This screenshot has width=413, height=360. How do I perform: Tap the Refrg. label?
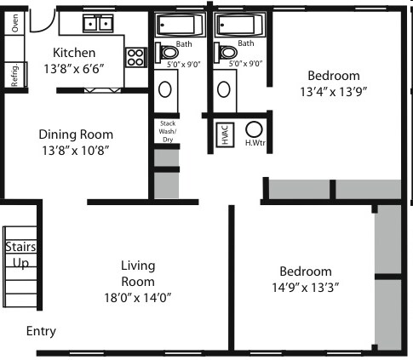click(15, 74)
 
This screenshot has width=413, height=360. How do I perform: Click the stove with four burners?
click(136, 58)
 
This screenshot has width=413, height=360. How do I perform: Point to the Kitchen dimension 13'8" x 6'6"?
click(79, 69)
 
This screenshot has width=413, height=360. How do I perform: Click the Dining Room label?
click(76, 134)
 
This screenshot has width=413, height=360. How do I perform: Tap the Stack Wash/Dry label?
click(167, 131)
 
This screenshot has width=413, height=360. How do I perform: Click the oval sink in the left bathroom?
click(166, 88)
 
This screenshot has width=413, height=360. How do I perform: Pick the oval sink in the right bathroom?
click(226, 88)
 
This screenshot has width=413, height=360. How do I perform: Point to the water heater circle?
click(253, 129)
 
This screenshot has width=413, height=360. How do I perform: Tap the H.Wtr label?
click(253, 143)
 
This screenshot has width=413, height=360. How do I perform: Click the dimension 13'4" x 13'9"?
click(334, 91)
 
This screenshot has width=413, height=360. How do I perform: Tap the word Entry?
click(42, 331)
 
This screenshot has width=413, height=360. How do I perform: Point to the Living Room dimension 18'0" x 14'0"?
click(136, 298)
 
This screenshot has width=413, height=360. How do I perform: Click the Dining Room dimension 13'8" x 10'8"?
click(76, 151)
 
